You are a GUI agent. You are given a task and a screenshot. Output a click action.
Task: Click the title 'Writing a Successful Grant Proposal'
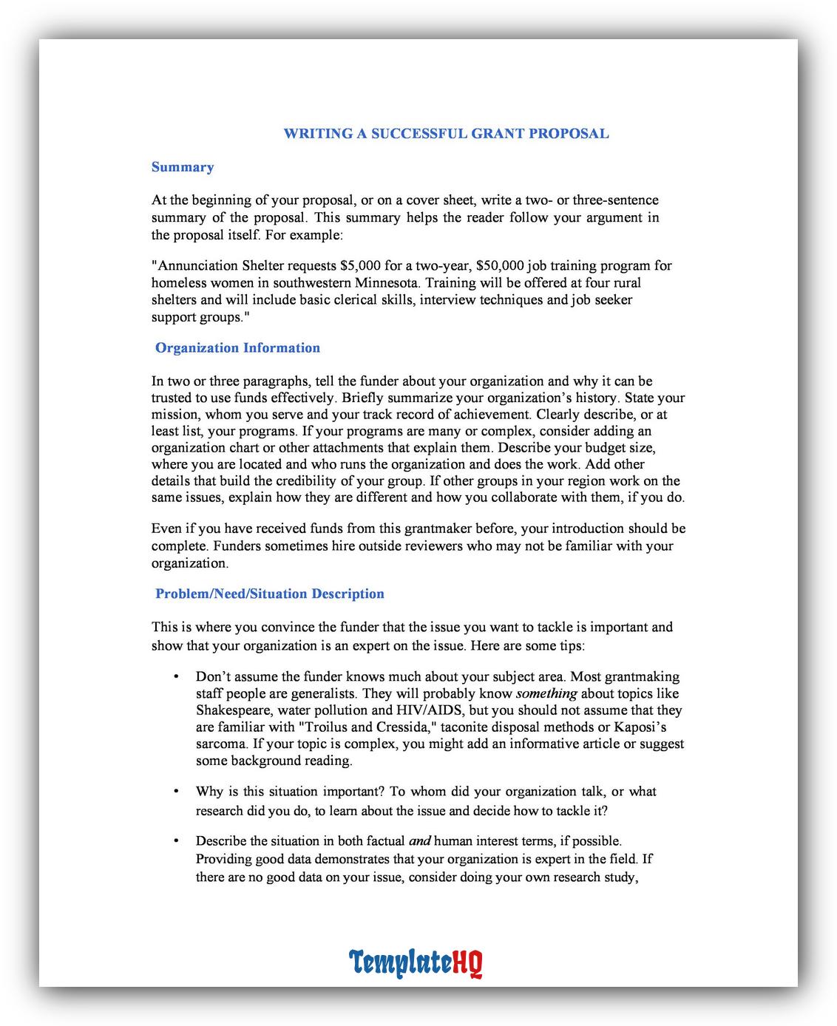click(446, 134)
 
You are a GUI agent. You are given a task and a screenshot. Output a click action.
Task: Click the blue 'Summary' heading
click(183, 167)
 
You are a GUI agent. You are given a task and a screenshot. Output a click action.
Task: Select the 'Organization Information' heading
click(237, 348)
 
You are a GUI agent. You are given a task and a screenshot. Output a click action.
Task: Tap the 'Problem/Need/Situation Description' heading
click(270, 594)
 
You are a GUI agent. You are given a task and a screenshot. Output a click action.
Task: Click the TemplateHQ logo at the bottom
click(416, 963)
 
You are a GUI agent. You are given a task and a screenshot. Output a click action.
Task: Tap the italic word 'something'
click(546, 693)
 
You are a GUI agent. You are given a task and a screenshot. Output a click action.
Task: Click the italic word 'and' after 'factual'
click(419, 841)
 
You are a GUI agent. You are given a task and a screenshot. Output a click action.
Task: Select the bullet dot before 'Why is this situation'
click(176, 792)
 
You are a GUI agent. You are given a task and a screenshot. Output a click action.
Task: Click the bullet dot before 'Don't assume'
click(176, 677)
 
